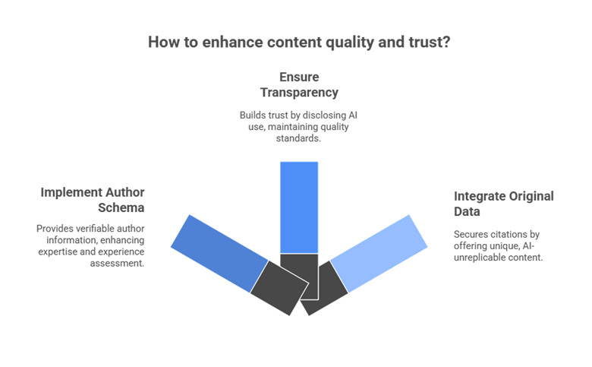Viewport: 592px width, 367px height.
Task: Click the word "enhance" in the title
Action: pyautogui.click(x=231, y=43)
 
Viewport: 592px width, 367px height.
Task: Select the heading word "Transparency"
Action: pyautogui.click(x=299, y=92)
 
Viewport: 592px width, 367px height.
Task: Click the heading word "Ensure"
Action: pyautogui.click(x=299, y=78)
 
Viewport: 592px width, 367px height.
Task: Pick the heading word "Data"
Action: pyautogui.click(x=467, y=211)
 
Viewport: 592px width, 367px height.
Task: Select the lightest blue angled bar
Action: pyautogui.click(x=379, y=252)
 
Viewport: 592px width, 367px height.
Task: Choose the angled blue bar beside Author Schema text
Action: pyautogui.click(x=219, y=252)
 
